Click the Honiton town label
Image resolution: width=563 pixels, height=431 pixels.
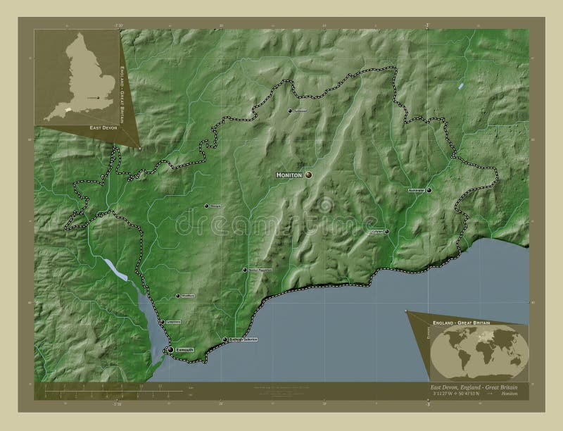tap(289, 174)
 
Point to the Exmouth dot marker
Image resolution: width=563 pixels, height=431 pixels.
tap(170, 349)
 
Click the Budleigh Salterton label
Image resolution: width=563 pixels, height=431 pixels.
tap(243, 339)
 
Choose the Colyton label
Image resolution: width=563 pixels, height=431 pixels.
tap(377, 231)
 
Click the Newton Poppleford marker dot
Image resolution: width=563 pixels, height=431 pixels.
tap(245, 270)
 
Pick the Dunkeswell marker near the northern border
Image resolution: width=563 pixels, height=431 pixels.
tap(290, 111)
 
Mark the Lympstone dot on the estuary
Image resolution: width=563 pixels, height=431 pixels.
tap(162, 322)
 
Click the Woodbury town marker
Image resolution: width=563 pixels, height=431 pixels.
tap(177, 296)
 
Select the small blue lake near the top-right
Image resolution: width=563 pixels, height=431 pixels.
tap(460, 87)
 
